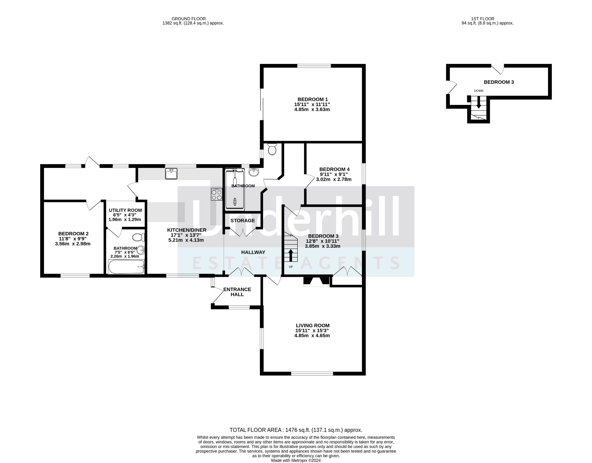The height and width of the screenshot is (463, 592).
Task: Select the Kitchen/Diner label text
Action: [x=187, y=230]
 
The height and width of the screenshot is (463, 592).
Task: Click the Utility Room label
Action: [x=125, y=210]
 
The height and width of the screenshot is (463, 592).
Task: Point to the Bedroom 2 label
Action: [x=73, y=234]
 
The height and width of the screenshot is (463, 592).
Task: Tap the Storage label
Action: [x=243, y=221]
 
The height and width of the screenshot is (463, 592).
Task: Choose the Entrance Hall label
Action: [x=237, y=292]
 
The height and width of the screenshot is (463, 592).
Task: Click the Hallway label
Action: [x=253, y=252]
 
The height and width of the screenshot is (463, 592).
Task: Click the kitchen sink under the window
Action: [x=171, y=174]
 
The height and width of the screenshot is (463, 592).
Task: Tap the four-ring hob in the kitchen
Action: [x=217, y=194]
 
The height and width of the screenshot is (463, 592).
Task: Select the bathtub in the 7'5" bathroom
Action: [x=126, y=266]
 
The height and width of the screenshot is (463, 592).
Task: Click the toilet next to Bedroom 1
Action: [x=272, y=149]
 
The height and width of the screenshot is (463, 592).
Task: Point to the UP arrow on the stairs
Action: [x=291, y=255]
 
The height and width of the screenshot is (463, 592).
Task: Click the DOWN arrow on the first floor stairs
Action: [x=479, y=102]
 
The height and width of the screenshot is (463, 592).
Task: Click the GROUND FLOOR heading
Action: [x=189, y=19]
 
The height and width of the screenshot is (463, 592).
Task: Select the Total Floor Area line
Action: [x=296, y=430]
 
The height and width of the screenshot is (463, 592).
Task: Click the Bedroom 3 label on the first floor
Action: [x=499, y=82]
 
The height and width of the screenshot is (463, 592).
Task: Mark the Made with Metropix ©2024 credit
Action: [x=296, y=461]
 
